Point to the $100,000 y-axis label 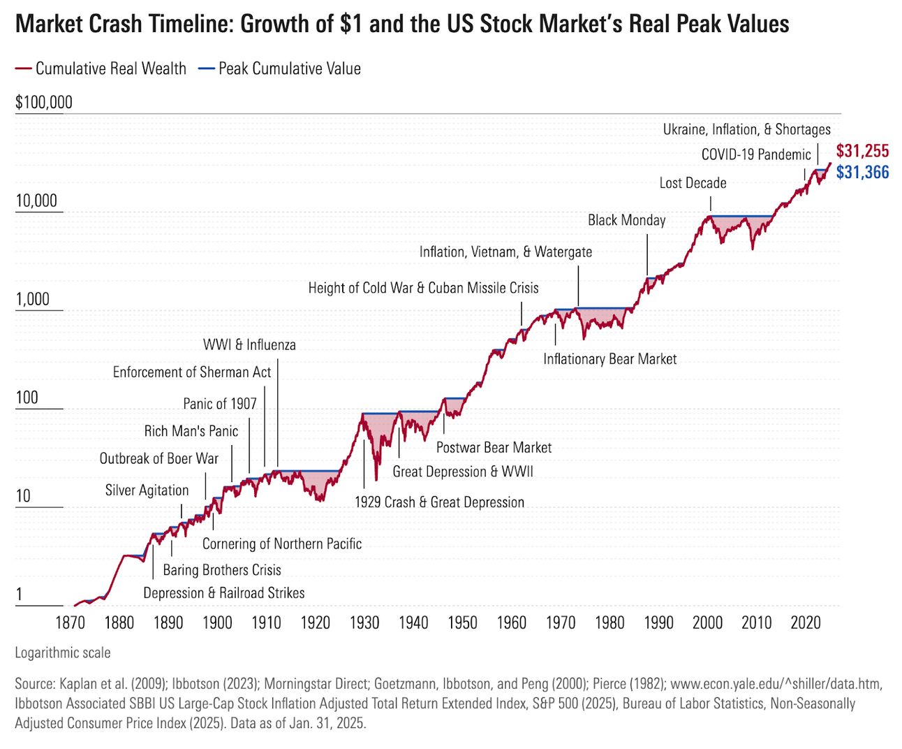point(44,103)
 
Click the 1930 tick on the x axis point(364,623)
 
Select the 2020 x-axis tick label point(806,623)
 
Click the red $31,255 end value point(862,151)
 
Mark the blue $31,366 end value point(862,173)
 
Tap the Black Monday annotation point(626,220)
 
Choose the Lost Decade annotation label point(693,183)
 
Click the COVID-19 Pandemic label point(756,154)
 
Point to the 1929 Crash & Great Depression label point(439,502)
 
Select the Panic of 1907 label point(219,404)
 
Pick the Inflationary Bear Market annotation point(609,359)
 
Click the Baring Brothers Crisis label point(222,570)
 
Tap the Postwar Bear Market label point(494,448)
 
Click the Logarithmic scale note point(63,653)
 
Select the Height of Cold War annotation point(423,288)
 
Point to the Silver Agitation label point(147,490)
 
